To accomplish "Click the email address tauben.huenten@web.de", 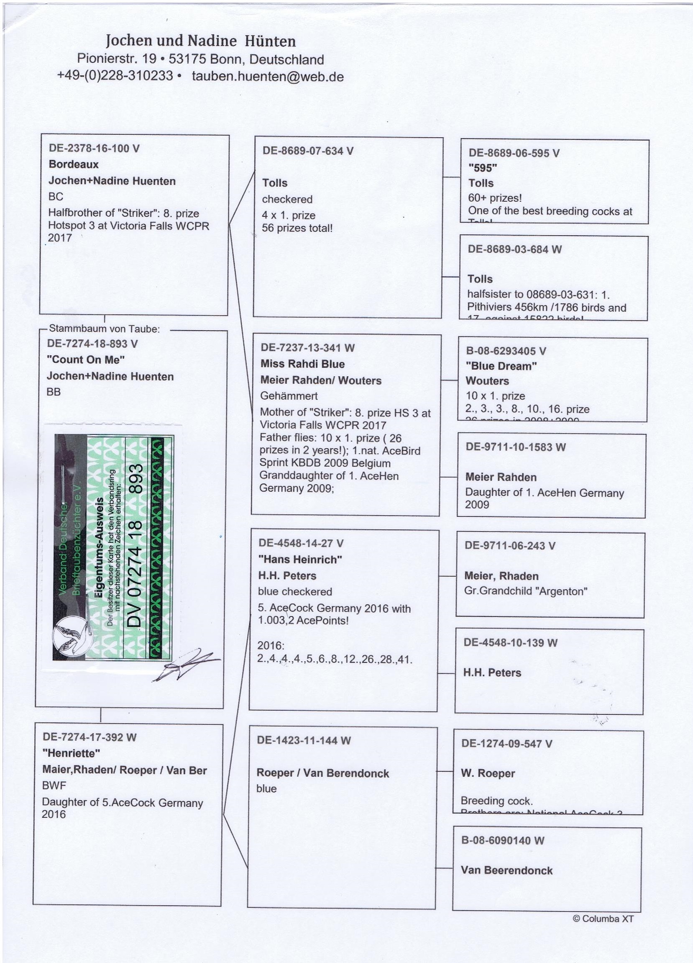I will (x=267, y=77).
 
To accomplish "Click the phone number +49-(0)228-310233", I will (x=115, y=76).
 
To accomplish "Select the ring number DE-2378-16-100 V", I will (x=94, y=148).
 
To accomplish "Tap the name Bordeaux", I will (x=74, y=164).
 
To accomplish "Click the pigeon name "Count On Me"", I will (x=86, y=360).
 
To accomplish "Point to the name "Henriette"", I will (x=71, y=753).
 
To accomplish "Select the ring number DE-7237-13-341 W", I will (x=307, y=348).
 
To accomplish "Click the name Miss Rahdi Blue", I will (x=302, y=364).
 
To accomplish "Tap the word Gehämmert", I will (x=289, y=396).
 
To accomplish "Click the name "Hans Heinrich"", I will (x=300, y=560).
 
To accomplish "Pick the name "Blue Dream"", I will (x=501, y=366).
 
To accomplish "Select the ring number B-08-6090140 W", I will (x=502, y=840).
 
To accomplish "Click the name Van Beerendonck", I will (x=507, y=871).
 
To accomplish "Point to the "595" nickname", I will (x=483, y=168).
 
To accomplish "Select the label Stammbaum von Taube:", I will (x=105, y=329).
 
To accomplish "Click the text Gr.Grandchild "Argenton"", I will (x=526, y=591).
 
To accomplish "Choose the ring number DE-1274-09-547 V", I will (x=507, y=743).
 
